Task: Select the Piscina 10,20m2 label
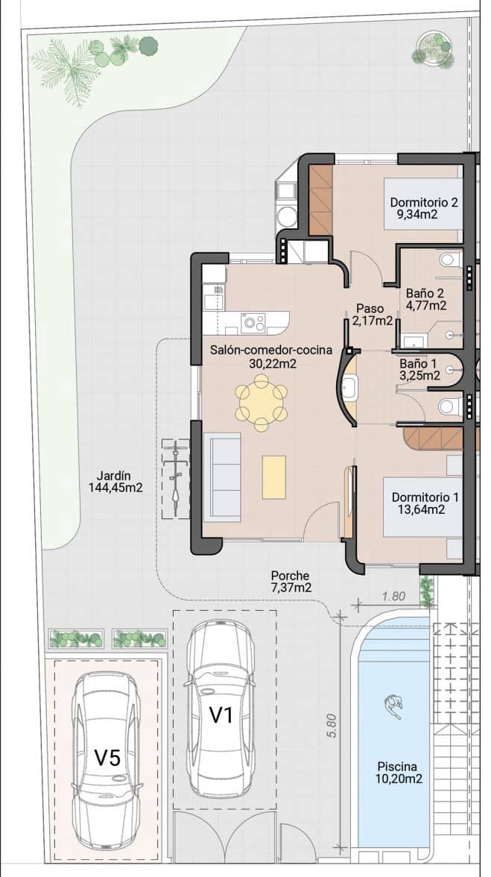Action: (x=399, y=773)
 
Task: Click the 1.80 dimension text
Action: (x=395, y=597)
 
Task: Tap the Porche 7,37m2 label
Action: (x=290, y=581)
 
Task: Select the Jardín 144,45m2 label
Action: (x=115, y=482)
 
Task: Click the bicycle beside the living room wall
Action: (x=176, y=477)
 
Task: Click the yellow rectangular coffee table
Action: (x=274, y=477)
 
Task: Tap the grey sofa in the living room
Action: (x=222, y=477)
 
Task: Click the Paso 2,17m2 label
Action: (x=370, y=315)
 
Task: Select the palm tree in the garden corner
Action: (x=65, y=66)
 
